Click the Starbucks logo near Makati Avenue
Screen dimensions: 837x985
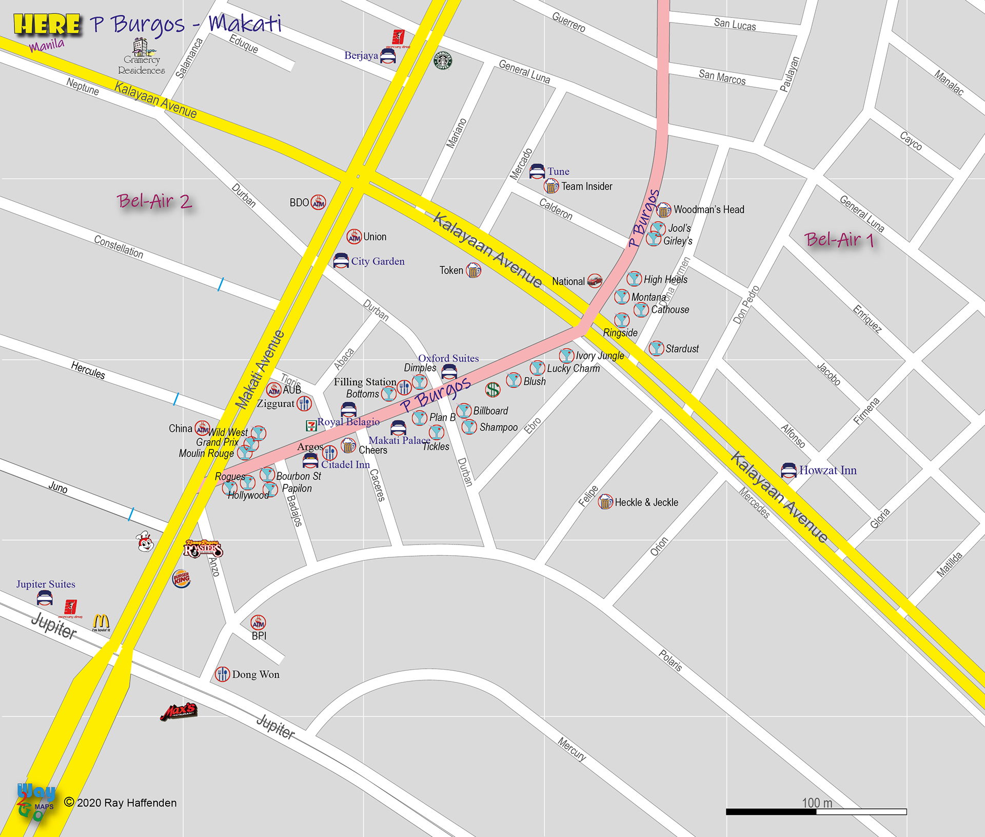443,61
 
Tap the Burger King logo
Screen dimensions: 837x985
181,579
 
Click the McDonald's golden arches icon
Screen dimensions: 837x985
101,622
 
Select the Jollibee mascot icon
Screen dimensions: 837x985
146,541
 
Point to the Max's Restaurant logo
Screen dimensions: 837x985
179,711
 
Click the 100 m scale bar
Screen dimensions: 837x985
816,811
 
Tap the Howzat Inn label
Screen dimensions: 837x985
828,470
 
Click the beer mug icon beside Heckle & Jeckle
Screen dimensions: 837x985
605,502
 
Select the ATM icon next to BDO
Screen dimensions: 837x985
318,203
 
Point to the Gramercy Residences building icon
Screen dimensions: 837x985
142,47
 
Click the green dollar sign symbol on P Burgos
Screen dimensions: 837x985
493,390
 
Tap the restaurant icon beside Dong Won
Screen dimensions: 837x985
223,674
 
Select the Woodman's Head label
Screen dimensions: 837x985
708,209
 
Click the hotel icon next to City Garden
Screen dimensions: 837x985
341,261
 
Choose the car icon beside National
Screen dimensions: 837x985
595,280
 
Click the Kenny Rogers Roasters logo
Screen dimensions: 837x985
203,549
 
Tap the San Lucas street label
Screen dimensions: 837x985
735,24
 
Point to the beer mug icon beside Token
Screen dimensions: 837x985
474,270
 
